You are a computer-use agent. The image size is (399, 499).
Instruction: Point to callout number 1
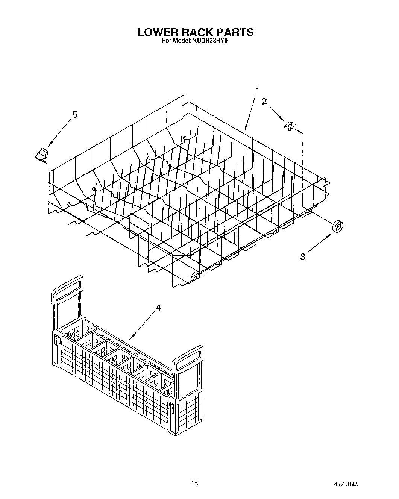(258, 90)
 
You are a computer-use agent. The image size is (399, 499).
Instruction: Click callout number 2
(265, 101)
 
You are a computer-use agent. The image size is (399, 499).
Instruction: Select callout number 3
(303, 257)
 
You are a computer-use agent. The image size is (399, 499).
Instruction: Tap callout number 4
(158, 308)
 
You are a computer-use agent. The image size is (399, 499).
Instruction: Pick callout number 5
(74, 114)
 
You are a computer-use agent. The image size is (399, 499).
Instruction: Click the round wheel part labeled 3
(337, 227)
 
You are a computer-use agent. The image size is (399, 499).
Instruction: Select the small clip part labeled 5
(42, 154)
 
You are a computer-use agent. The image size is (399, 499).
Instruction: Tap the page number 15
(194, 483)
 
